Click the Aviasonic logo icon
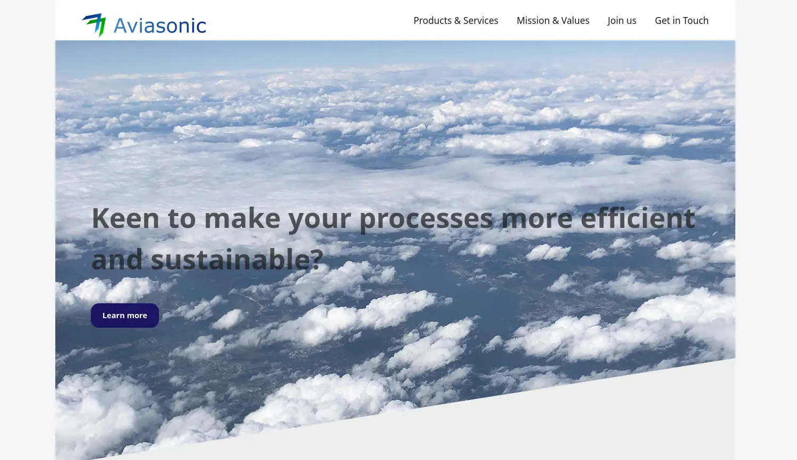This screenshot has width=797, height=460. pos(95,24)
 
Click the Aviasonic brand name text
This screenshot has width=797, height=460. pos(159,25)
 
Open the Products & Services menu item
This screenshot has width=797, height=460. pos(455,21)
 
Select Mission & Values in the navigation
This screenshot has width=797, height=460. pos(553,21)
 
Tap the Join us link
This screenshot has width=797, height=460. pos(622,21)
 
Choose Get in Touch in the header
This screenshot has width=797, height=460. pos(681,21)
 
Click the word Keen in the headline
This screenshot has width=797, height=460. pos(125,218)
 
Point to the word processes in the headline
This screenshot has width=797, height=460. pos(426,218)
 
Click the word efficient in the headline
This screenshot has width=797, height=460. pos(637,218)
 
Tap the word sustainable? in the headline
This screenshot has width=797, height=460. pos(237,260)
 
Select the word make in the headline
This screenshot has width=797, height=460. pos(242,218)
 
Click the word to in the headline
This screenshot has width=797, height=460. pos(182,218)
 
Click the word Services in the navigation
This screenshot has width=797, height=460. pos(480,21)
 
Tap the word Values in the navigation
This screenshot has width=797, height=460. pos(575,21)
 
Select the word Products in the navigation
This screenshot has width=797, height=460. pos(433,21)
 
